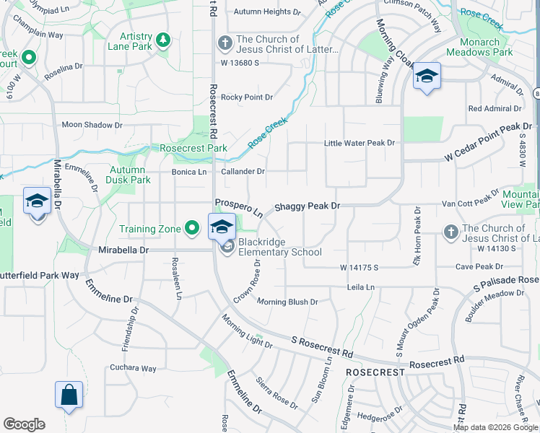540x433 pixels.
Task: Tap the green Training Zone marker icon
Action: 191,229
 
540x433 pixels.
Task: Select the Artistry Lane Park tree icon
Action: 163,38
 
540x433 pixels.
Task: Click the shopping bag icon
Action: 69,395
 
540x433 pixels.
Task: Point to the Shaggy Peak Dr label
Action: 307,206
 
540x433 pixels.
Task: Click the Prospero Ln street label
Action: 239,209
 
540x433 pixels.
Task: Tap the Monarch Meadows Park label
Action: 479,47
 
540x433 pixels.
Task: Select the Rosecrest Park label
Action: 193,148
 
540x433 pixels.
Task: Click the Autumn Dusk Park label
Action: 130,175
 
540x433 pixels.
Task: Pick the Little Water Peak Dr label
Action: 359,143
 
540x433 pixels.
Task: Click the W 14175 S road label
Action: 360,268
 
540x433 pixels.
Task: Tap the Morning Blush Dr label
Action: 287,302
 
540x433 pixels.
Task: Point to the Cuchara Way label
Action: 133,368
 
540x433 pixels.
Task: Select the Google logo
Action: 25,424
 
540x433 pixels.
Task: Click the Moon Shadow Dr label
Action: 92,125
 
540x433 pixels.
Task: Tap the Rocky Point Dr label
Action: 247,97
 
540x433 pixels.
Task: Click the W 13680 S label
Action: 240,63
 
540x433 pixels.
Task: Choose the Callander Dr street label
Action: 243,172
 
